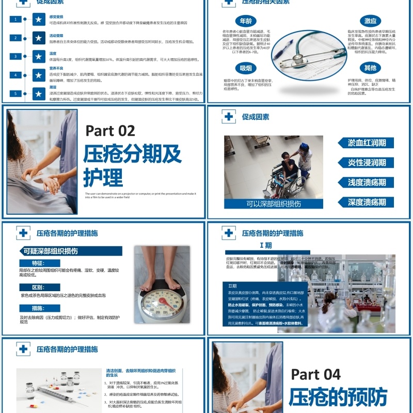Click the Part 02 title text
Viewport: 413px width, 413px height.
(110, 131)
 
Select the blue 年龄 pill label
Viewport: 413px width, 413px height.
(246, 21)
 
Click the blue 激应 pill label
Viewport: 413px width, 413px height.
(370, 21)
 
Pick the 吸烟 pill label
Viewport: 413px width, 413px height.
(246, 68)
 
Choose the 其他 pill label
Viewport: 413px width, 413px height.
(370, 68)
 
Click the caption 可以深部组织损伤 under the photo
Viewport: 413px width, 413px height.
(274, 204)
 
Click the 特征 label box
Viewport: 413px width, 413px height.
(39, 263)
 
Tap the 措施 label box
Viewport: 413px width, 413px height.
(39, 308)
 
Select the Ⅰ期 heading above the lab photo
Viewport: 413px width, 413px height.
(265, 245)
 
